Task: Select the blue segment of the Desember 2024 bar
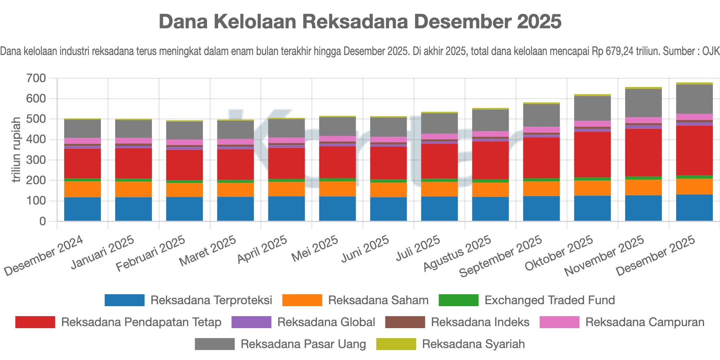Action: tap(83, 209)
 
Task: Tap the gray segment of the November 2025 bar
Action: tap(643, 103)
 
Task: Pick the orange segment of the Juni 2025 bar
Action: tap(388, 190)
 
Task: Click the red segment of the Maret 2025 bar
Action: tap(235, 165)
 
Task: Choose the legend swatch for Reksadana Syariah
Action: tap(396, 344)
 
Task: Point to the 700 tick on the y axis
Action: tap(36, 78)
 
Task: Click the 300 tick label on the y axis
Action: tap(36, 160)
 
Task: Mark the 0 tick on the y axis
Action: tap(42, 221)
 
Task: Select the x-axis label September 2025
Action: tap(501, 256)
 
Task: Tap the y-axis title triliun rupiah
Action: tap(16, 150)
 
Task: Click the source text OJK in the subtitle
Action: tap(711, 51)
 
